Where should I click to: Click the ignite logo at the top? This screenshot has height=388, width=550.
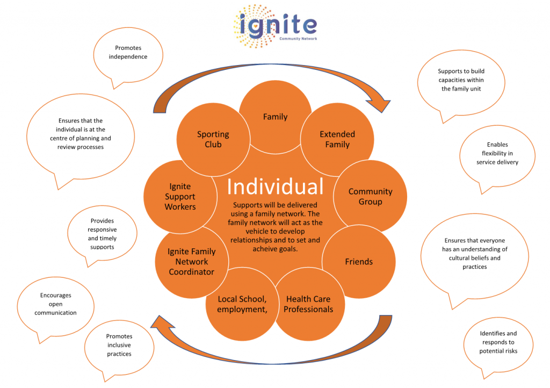pos(276,26)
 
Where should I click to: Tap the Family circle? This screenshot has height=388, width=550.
pos(276,117)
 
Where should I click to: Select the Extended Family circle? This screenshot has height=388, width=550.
pos(337,139)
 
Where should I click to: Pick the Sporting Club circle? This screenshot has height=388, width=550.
pos(213,139)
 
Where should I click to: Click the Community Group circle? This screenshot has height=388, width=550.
pos(371,197)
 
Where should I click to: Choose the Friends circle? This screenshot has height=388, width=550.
pos(359,262)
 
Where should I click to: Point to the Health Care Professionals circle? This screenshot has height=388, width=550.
pos(308,304)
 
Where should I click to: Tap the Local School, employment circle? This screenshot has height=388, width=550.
pos(242,304)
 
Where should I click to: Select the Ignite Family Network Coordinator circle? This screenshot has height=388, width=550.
pos(192,262)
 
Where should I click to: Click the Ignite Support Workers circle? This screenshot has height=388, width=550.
pos(180,197)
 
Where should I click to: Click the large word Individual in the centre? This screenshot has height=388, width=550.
pos(275,186)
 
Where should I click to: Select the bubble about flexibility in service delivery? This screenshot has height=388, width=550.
pos(497,155)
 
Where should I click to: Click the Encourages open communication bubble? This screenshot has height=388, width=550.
pos(55,305)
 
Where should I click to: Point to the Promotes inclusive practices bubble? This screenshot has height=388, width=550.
pos(119,347)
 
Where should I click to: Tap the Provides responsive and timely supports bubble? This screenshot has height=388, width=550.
pos(102,233)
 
